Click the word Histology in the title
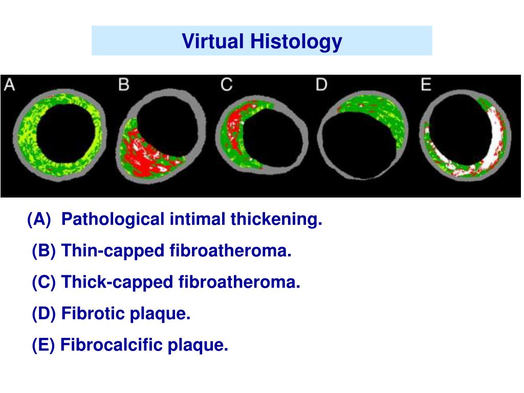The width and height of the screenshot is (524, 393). coord(296,41)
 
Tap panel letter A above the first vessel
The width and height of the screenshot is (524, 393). coord(10,84)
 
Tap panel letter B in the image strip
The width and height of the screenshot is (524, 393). coord(123,84)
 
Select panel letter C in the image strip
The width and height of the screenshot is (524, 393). coord(226,84)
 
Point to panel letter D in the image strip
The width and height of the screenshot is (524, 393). coord(321,84)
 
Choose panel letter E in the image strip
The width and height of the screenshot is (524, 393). coord(426,84)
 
